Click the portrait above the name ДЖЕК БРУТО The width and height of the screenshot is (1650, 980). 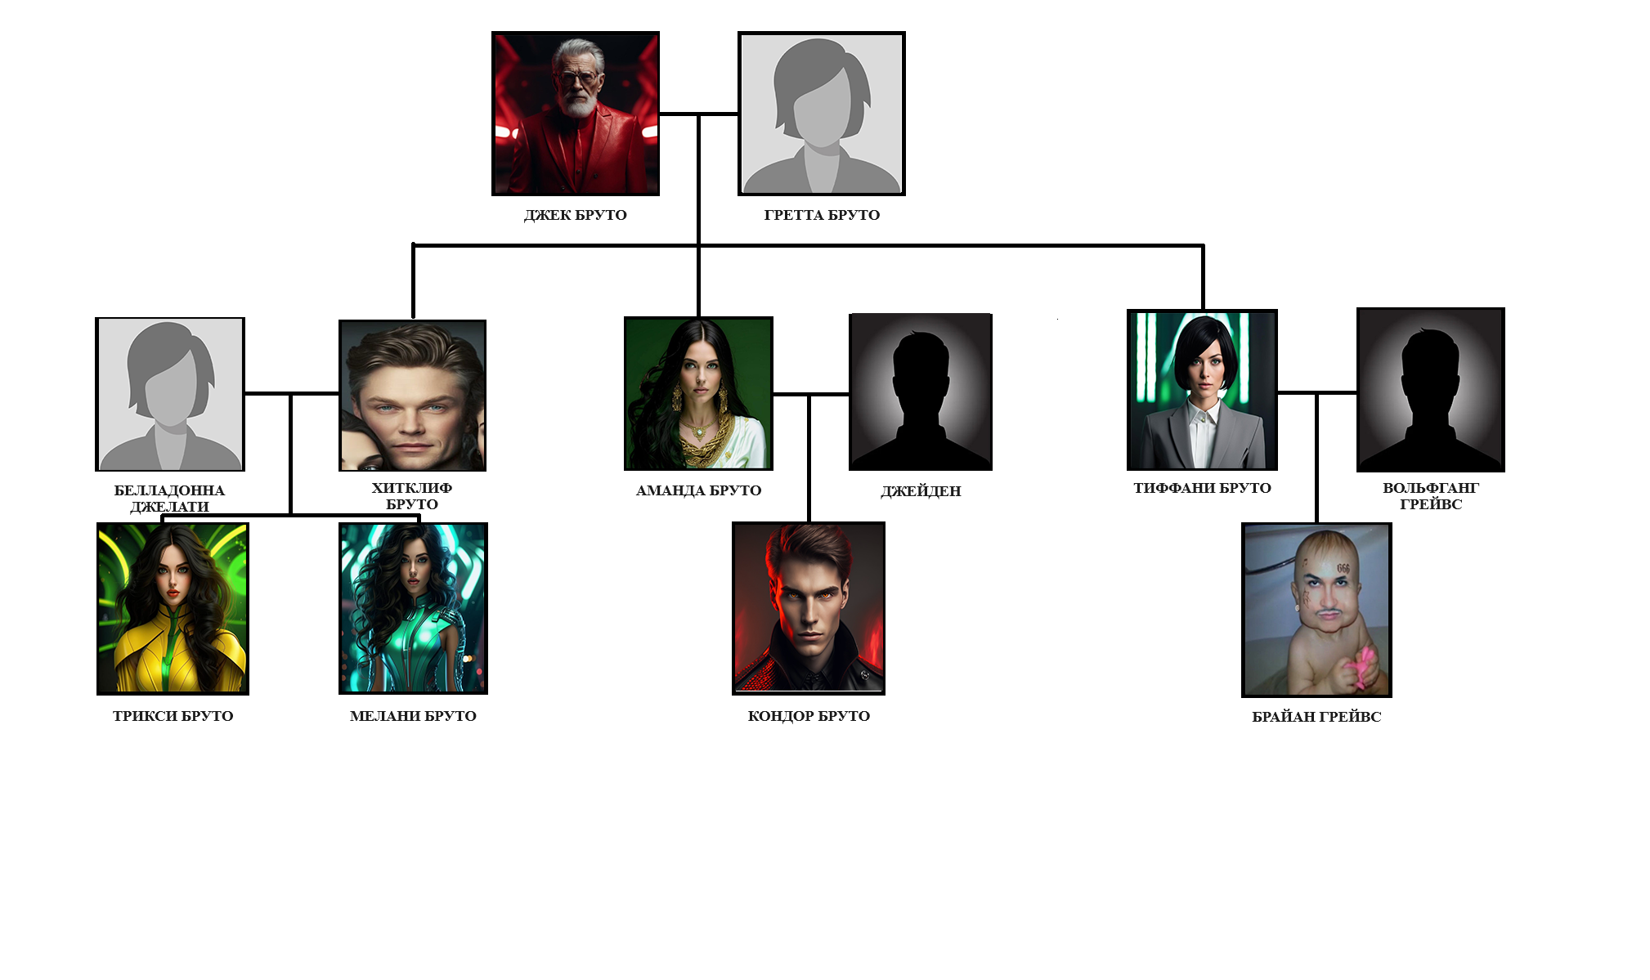point(576,114)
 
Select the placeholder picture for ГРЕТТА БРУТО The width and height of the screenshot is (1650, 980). point(822,114)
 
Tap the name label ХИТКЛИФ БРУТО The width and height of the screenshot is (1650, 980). point(412,496)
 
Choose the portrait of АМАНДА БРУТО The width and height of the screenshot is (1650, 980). point(698,393)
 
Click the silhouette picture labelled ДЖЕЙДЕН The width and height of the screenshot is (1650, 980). point(921,392)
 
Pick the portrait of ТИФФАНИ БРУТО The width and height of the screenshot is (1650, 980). point(1202,390)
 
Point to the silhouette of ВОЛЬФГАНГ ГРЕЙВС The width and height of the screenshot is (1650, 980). point(1431,390)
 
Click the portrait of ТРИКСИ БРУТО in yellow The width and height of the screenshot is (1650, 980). point(173,609)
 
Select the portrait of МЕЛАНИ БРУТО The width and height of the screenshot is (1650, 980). point(413,609)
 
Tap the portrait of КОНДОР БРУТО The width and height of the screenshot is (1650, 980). point(809,608)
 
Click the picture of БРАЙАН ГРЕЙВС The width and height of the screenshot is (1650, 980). point(1316,610)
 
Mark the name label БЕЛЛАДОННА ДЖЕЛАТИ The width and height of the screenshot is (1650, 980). point(169,498)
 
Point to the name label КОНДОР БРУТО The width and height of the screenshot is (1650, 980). point(809,716)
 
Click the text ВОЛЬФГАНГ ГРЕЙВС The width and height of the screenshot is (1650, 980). point(1431,496)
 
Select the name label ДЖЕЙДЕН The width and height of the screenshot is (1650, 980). point(921,491)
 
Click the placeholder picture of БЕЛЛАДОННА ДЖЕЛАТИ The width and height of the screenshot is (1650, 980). point(170,394)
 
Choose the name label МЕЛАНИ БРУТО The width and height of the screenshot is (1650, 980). point(413,716)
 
